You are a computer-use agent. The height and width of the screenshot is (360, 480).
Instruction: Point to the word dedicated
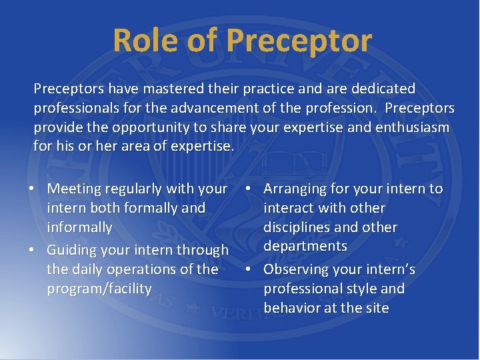pos(380,89)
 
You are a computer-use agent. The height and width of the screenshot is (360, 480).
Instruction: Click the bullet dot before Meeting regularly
pos(32,189)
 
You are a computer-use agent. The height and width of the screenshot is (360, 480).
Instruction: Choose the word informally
pos(79,227)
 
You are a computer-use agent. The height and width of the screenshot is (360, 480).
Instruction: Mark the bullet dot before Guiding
pos(32,251)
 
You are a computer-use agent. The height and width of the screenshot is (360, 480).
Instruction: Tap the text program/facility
pos(99,289)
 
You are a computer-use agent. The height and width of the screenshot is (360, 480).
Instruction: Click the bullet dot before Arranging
pos(248,189)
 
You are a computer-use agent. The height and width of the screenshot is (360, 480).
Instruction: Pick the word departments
pos(305,246)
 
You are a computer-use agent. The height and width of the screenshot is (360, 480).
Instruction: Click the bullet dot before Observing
pos(248,270)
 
